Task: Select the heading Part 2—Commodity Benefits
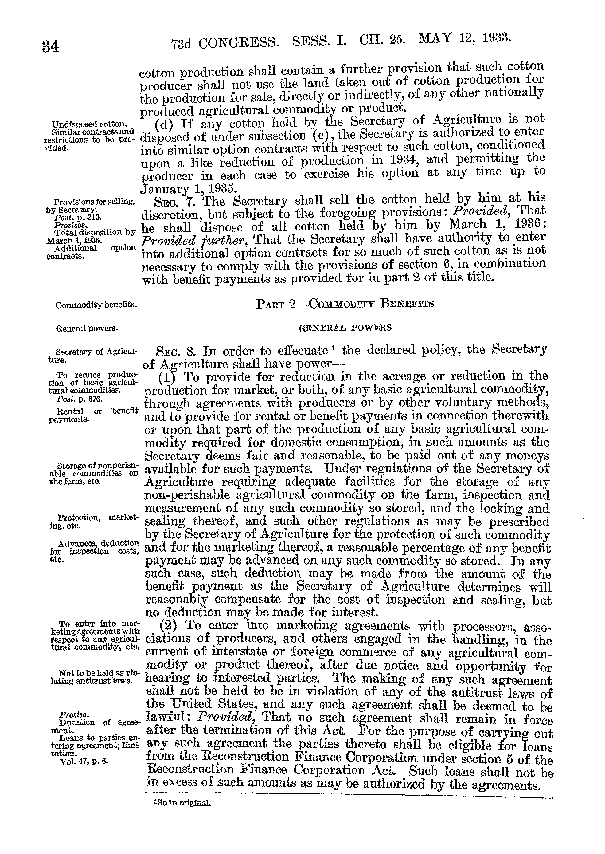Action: tap(345, 304)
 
